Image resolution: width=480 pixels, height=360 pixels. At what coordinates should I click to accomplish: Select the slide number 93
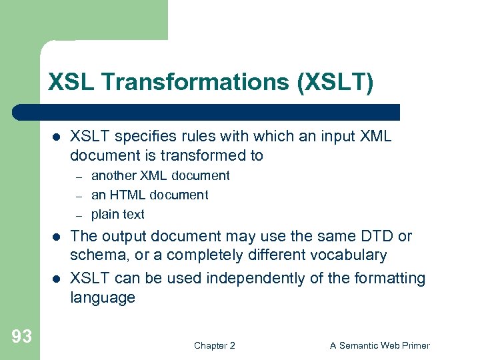coord(21,337)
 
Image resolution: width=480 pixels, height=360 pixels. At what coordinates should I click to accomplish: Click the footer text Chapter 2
coord(214,345)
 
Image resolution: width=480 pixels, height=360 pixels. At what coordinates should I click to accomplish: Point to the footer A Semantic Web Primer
coord(380,345)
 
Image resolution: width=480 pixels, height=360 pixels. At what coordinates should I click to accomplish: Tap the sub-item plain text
coord(117,214)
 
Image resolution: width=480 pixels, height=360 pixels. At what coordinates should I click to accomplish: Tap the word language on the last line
coord(103,297)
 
